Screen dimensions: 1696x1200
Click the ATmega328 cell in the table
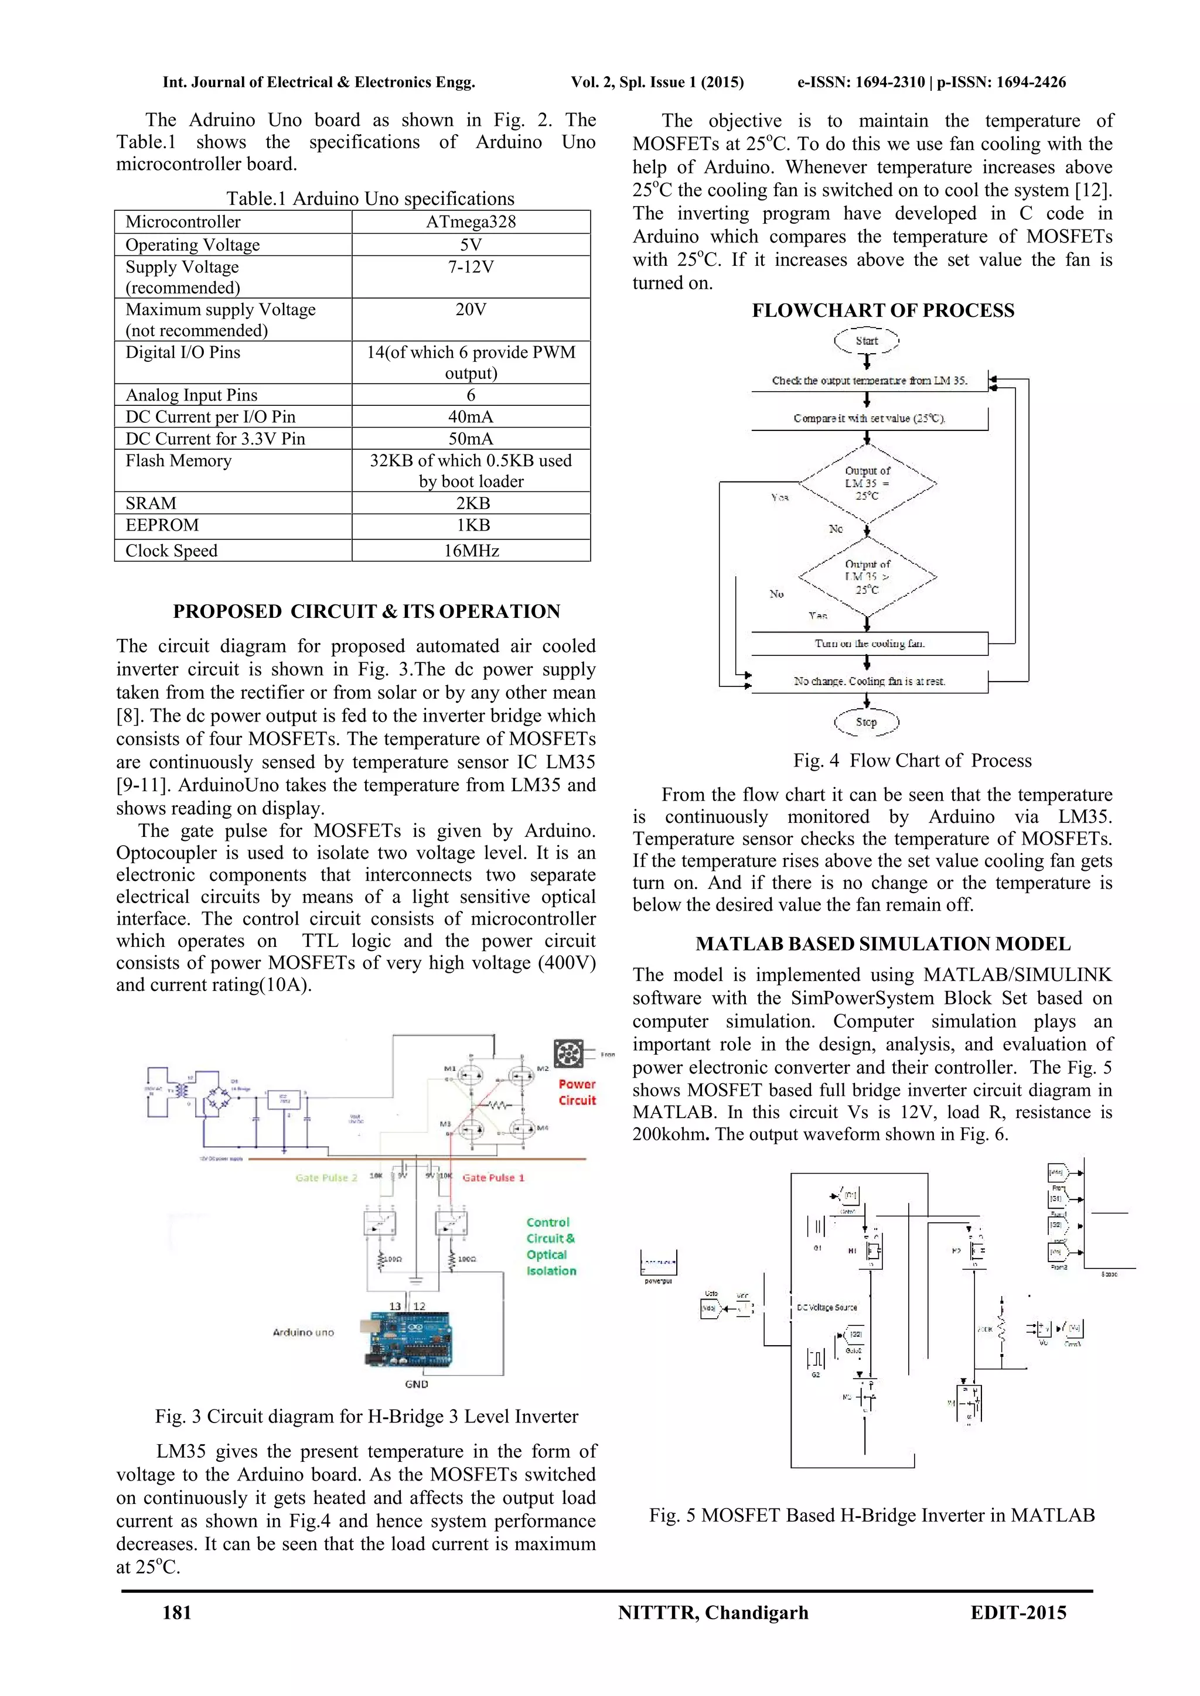[471, 221]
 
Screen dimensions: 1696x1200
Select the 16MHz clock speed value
[471, 550]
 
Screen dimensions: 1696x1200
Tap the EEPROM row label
[162, 525]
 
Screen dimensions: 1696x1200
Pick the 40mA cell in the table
[471, 416]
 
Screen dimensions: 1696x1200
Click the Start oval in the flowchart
[867, 340]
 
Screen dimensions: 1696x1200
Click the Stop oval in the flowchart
[867, 722]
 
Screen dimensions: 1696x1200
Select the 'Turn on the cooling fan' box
[870, 644]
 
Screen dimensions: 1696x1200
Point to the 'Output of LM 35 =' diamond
[868, 484]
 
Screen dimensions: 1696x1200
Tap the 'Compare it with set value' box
[870, 418]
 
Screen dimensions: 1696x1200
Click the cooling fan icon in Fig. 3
[568, 1054]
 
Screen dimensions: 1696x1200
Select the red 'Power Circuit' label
[577, 1092]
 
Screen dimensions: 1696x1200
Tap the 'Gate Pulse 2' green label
[326, 1178]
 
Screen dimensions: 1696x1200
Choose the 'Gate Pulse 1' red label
[493, 1178]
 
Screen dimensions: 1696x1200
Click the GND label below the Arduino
[416, 1383]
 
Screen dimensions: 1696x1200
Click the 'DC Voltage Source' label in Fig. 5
[827, 1307]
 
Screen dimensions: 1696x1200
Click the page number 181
[178, 1612]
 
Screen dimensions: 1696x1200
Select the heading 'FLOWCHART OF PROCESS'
[883, 310]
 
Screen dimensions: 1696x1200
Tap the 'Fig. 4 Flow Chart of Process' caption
[912, 760]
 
